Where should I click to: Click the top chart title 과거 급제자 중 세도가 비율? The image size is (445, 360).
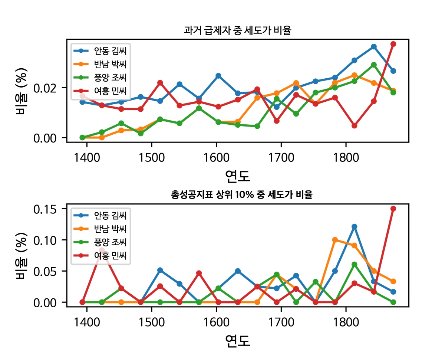(x=237, y=30)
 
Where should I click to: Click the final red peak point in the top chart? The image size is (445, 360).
(x=393, y=44)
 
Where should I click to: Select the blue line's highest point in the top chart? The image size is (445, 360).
(x=374, y=47)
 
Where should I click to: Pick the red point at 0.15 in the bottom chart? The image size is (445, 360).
(x=393, y=209)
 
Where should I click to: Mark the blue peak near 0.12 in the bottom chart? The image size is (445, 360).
(x=355, y=226)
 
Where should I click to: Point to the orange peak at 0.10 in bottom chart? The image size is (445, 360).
(x=335, y=240)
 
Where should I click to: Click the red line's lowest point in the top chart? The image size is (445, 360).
(x=355, y=125)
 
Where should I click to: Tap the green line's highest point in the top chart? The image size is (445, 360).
(x=374, y=65)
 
